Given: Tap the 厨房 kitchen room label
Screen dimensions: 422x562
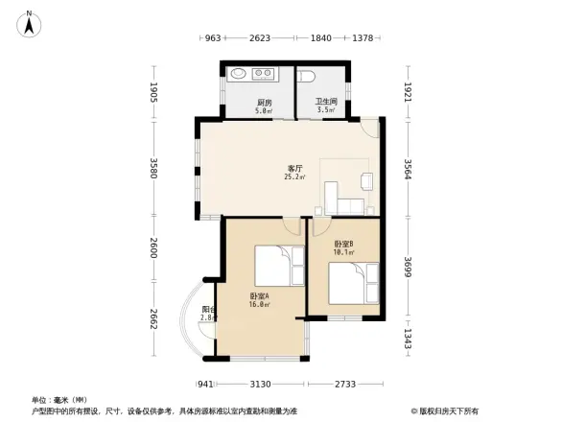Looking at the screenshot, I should [x=263, y=102].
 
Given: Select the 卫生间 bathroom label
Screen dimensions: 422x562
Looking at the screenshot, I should [x=325, y=102].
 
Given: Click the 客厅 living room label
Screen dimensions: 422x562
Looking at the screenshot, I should [x=294, y=169].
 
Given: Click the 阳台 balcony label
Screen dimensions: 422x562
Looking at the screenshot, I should [x=208, y=309].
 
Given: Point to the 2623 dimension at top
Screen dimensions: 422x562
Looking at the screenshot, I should [x=259, y=38].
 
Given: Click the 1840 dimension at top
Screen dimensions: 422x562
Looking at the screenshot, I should [x=320, y=38].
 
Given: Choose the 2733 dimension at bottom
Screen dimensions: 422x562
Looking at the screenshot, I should [x=345, y=384].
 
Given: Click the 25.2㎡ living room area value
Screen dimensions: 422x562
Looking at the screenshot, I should [x=294, y=177].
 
